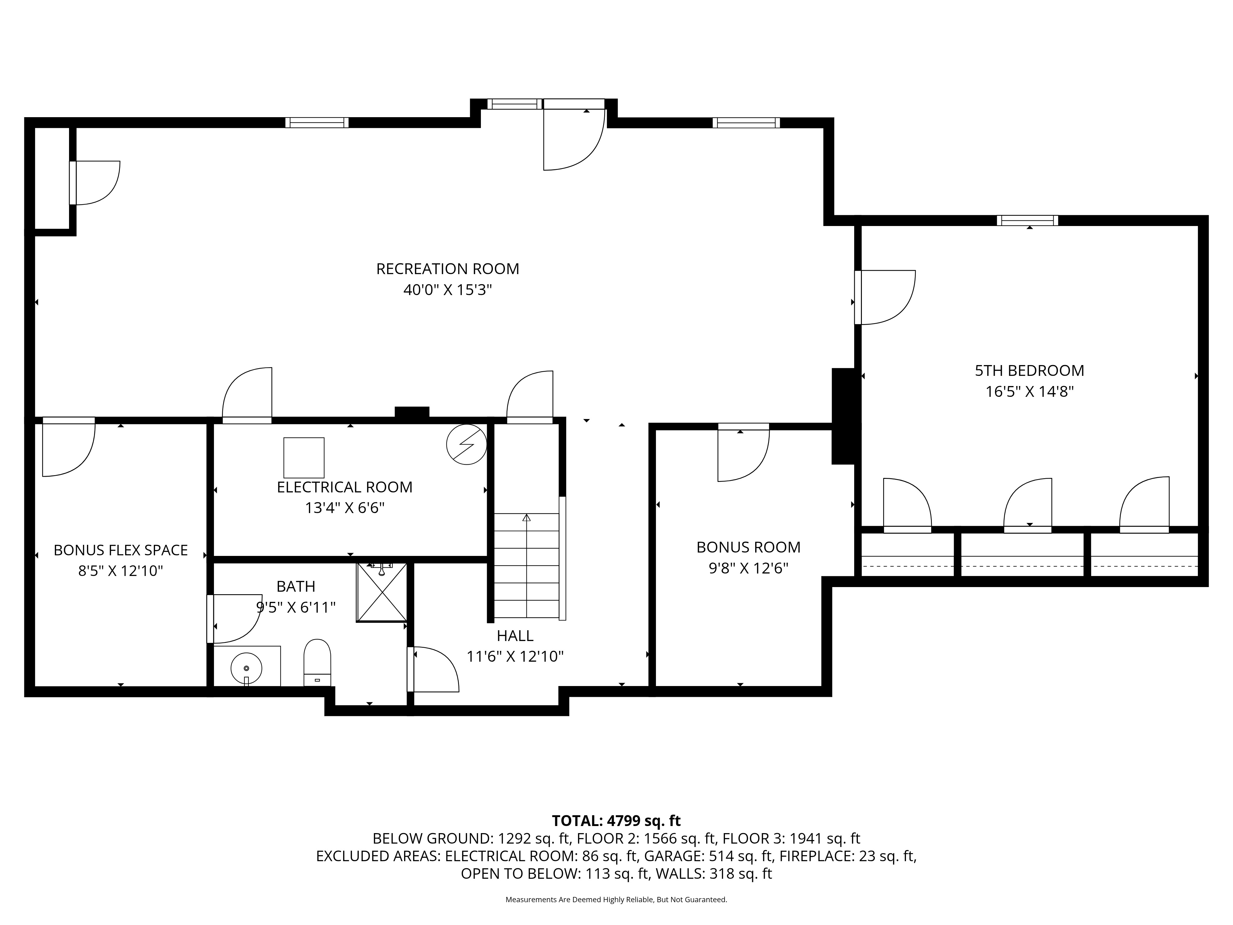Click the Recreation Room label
448,269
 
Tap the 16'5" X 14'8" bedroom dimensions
1029,391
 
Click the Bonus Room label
748,547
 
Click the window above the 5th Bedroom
1027,220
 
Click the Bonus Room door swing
743,453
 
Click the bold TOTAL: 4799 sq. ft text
616,821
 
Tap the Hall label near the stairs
515,635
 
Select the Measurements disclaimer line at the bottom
616,899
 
